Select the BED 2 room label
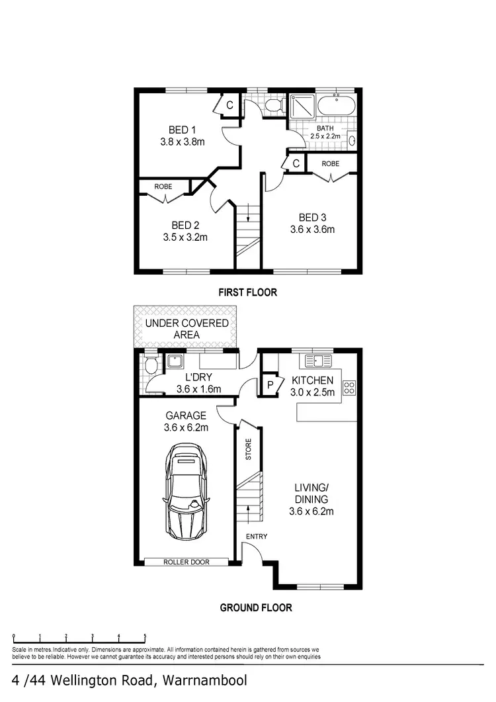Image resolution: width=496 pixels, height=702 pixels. click(x=185, y=231)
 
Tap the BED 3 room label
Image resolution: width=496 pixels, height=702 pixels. click(x=312, y=224)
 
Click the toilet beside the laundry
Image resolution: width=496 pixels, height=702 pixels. click(x=151, y=366)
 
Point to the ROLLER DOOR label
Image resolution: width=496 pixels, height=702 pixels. click(x=186, y=562)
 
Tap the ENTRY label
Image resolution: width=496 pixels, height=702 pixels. click(x=257, y=536)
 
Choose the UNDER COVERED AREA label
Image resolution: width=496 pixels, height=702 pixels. click(x=186, y=329)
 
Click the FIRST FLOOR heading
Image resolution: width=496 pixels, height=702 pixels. click(x=248, y=292)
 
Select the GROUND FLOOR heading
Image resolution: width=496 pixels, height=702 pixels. click(x=255, y=607)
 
